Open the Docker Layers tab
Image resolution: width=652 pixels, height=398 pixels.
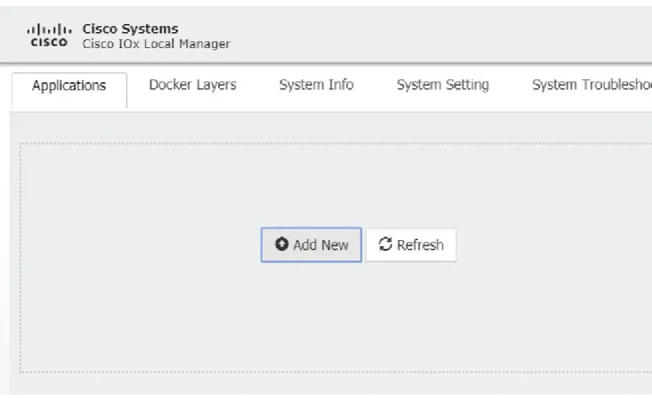(192, 85)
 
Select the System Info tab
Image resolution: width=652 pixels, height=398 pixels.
(316, 85)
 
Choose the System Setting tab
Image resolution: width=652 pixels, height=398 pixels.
(443, 85)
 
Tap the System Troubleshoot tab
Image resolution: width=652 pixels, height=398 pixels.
(592, 85)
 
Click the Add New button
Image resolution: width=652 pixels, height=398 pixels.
(311, 245)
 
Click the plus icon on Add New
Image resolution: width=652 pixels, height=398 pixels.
(281, 244)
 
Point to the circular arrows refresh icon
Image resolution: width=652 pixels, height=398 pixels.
(385, 244)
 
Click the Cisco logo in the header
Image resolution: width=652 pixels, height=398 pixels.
(49, 35)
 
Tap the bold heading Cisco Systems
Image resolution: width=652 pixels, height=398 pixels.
(130, 29)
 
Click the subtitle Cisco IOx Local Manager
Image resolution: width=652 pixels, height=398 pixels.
(157, 44)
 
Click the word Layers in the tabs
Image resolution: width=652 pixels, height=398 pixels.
(216, 86)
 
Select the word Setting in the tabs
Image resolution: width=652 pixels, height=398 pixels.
(467, 86)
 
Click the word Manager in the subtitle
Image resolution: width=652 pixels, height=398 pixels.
(205, 45)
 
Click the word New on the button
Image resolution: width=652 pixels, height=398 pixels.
(335, 245)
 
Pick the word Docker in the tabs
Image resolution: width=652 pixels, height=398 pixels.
(170, 85)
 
